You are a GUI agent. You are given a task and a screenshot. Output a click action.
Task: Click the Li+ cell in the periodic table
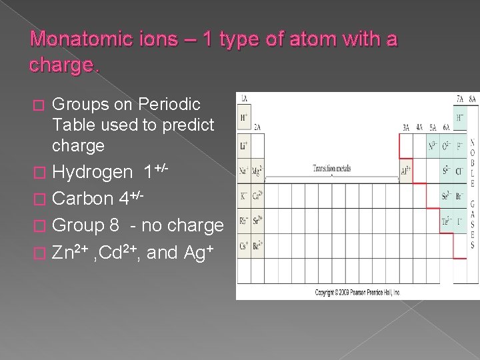pos(244,145)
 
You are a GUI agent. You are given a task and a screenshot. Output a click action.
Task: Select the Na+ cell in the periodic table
pos(244,171)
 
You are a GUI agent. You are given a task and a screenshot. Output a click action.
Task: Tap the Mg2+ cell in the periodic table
pos(257,171)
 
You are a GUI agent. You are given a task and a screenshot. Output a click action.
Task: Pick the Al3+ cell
pos(405,171)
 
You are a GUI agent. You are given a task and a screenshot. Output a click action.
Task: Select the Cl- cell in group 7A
pos(460,171)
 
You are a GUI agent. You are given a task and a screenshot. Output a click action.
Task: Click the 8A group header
pos(473,99)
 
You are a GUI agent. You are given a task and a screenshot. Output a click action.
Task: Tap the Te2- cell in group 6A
pos(447,221)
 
